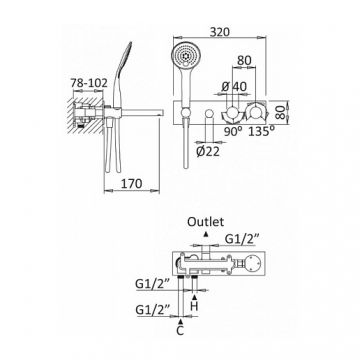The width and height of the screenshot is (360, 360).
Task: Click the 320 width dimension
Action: coord(220,32)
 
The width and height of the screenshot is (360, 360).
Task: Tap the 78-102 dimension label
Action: coord(89,83)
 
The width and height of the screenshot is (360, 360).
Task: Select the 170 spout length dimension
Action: coord(132,184)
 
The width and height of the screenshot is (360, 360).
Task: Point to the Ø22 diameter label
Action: coord(208,152)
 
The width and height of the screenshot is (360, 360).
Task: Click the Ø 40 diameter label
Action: coord(234,87)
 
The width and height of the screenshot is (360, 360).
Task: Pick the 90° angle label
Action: coord(233,131)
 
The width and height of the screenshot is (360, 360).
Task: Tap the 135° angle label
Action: coord(262,131)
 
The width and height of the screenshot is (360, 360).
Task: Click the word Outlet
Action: coord(206,222)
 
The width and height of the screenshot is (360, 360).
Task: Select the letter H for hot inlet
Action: coord(194,306)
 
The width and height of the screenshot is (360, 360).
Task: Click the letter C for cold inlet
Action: coord(180,332)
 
